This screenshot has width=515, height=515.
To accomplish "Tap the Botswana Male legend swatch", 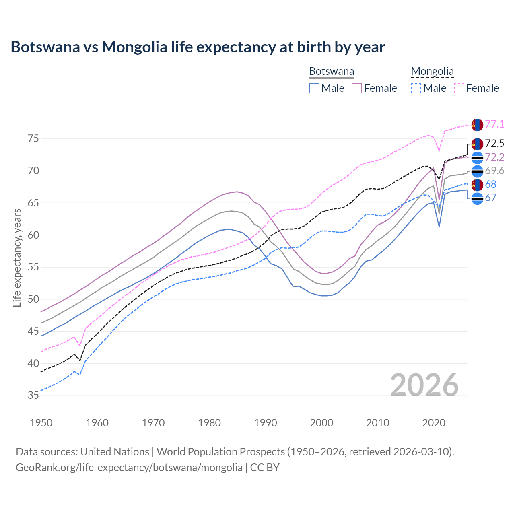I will pos(314,88).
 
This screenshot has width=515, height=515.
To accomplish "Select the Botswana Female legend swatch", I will pos(357,88).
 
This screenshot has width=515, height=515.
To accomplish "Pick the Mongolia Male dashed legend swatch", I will pos(416,88).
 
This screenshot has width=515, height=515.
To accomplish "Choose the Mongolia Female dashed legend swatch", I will pos(459,88).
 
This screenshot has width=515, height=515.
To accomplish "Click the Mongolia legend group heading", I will pos(432,72).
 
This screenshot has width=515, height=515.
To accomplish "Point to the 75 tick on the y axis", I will pos(33,139).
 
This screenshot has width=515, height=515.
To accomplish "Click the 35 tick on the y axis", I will pos(33,396).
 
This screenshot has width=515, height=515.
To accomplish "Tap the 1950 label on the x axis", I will pos(41,423).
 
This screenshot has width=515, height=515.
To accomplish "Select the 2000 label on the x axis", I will pos(321,423).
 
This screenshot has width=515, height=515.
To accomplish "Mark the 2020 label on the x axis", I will pos(433,423).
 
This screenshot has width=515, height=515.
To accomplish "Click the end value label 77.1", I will pos(494,124).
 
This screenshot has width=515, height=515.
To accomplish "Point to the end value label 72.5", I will pos(494,144).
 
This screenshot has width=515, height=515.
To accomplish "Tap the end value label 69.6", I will pos(494,171).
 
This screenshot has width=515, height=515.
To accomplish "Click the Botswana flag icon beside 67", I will pos(477,198).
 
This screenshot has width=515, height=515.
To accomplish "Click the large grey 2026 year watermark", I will pos(424,385).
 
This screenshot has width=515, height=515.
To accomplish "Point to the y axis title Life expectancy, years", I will pos(17,257).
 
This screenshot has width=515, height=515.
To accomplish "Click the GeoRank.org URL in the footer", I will pos(129,468).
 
